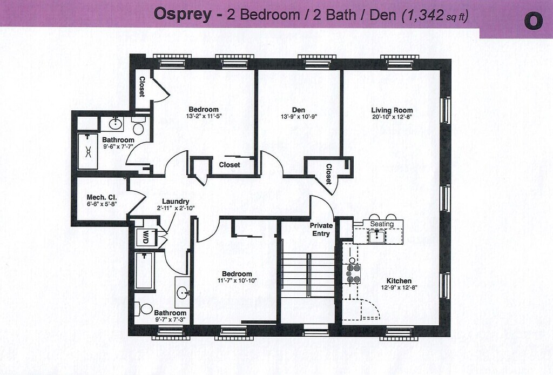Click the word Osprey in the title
coord(181,15)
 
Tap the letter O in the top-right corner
coord(532,21)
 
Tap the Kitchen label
coord(399,281)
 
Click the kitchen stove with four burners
coord(353,273)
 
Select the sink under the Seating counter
coord(376,236)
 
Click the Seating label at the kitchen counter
coord(382,224)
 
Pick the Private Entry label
coord(320,230)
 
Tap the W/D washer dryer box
coord(145,236)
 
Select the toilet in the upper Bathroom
coord(138,129)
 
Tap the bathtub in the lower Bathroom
coord(144,270)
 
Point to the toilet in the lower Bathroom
coord(145,309)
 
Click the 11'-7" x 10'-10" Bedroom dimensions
coord(237,281)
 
